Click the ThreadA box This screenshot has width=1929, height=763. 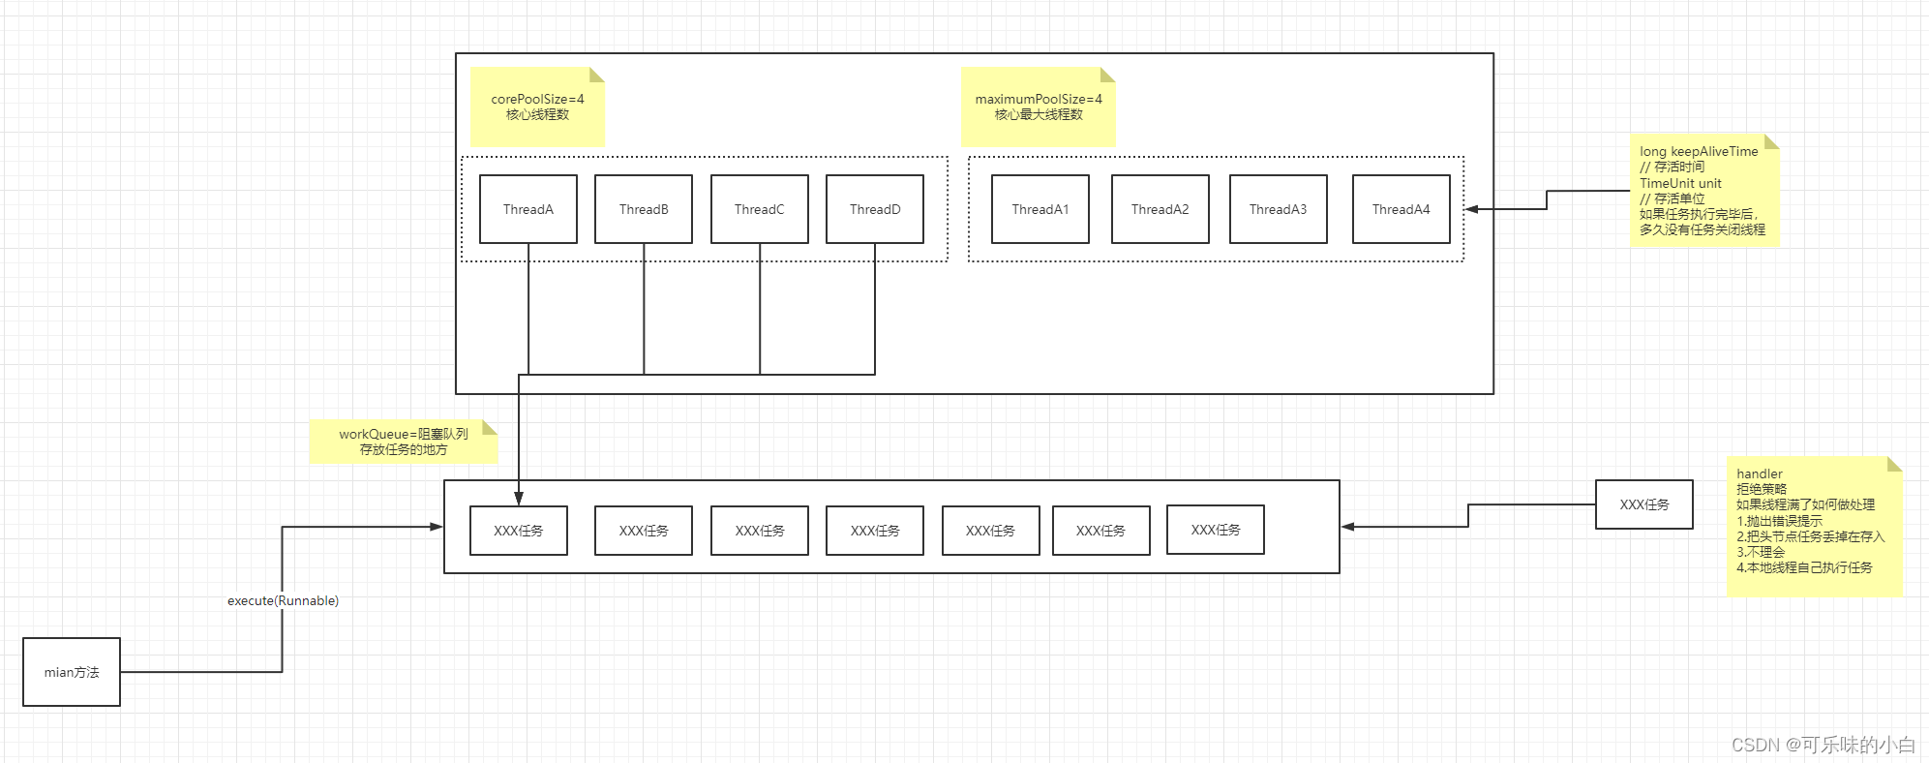tap(528, 209)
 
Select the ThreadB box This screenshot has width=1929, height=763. tap(644, 209)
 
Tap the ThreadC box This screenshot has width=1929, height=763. tap(760, 209)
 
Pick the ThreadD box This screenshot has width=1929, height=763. tap(875, 209)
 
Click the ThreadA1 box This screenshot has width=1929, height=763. tap(1040, 209)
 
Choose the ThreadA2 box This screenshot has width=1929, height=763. tap(1160, 209)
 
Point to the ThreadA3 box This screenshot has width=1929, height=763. tap(1278, 209)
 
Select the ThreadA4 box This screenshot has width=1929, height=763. tap(1401, 209)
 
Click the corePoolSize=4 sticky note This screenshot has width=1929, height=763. tap(537, 107)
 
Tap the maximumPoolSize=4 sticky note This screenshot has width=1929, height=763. tap(1039, 107)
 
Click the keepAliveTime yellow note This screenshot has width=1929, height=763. tap(1703, 191)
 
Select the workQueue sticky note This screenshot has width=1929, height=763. tap(403, 442)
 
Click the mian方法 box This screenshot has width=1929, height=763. tap(72, 672)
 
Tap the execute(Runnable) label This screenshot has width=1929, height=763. tap(283, 600)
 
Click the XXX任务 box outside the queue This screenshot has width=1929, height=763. tap(1643, 504)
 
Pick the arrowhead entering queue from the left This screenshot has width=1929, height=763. tap(437, 527)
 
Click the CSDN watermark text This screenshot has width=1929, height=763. tap(1823, 745)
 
